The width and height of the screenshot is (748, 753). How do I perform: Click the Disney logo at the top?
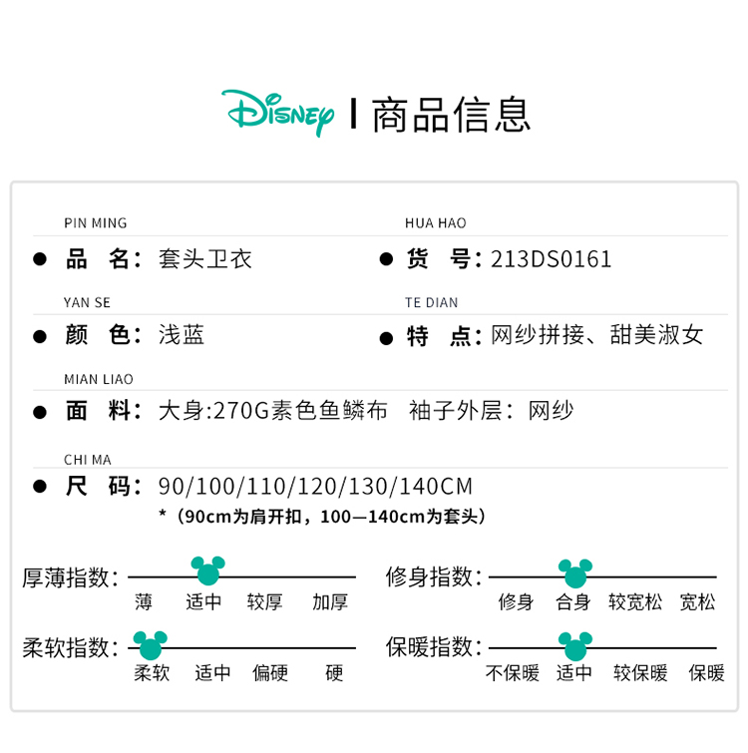coord(278,113)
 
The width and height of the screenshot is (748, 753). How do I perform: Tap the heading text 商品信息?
coord(451,114)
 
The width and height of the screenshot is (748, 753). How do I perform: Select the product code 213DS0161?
coord(551,259)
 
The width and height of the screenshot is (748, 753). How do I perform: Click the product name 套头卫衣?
coord(205,259)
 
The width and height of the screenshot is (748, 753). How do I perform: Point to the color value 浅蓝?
coord(182,335)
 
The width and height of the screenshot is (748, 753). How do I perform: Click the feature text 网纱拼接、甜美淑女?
coord(597,335)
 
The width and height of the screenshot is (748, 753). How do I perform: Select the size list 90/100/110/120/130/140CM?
coord(315,487)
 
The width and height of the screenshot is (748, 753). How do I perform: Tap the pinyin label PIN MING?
coord(95,223)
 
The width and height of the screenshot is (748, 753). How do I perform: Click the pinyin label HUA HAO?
coord(435,223)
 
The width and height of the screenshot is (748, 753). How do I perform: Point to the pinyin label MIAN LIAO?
coord(98,379)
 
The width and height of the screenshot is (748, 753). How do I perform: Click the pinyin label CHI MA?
coord(87,460)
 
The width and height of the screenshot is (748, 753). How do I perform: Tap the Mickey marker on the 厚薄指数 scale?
coord(208,571)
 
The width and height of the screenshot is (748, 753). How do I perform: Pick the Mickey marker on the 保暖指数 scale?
coord(574,643)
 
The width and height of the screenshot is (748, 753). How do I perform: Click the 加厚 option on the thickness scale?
coord(329,601)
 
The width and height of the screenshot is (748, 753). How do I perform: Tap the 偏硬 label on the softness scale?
coord(270,673)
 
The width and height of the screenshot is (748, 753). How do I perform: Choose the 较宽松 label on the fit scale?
coord(635,601)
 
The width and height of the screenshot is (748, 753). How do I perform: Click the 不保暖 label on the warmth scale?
coord(512,673)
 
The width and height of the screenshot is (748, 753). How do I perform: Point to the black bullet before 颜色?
coord(40,336)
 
